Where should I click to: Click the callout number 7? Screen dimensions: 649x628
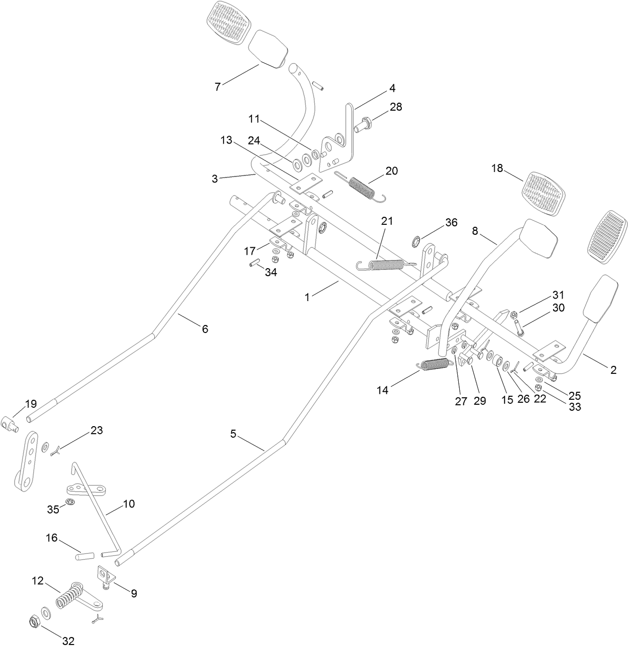tap(217, 87)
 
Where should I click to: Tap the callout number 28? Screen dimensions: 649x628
tap(396, 107)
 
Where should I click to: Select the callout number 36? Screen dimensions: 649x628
tap(451, 223)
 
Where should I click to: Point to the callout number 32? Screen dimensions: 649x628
tap(68, 640)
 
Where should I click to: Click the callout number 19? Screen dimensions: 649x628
tap(31, 404)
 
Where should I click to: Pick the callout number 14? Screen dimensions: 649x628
tap(382, 390)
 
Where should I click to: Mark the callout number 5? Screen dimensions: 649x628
tap(233, 434)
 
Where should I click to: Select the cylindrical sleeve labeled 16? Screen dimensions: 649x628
tap(85, 555)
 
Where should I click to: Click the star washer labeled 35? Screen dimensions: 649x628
tap(71, 502)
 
